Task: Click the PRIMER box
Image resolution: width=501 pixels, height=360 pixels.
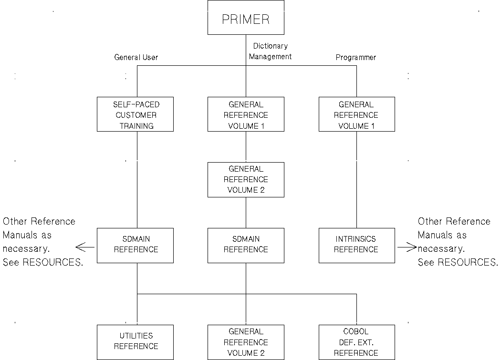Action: coord(246,18)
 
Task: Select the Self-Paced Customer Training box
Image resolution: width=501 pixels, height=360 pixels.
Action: coord(135,114)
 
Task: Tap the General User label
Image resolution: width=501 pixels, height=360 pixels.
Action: coord(136,57)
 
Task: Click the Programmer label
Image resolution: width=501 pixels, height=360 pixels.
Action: coord(356,57)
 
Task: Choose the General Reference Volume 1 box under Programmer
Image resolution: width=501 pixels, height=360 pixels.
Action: coord(356,114)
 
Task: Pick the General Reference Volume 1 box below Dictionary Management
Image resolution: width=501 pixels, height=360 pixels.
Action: coord(246,114)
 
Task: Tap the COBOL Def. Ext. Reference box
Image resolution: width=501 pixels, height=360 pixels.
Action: coord(356,342)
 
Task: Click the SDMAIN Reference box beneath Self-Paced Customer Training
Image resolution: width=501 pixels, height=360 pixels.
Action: coord(135,245)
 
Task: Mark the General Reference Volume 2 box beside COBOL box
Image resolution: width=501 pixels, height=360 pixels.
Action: coord(246,342)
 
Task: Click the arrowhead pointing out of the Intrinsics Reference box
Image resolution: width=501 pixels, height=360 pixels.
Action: coord(412,247)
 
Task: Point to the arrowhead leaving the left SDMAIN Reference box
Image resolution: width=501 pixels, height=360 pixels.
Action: coord(80,247)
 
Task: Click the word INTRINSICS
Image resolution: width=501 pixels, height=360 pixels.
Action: coord(356,239)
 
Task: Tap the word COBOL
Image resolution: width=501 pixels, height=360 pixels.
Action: coord(356,331)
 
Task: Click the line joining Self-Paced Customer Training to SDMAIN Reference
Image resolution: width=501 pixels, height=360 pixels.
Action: coord(137,179)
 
